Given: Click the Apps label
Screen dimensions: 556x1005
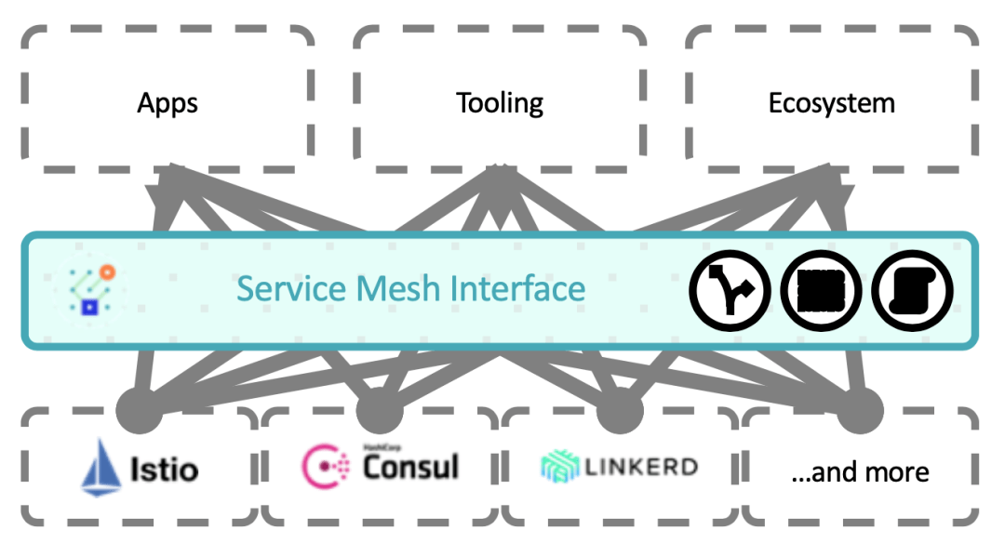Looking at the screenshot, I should [x=167, y=102].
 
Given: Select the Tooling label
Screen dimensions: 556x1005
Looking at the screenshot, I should [x=500, y=102].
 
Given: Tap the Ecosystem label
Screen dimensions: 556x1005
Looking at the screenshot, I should [x=831, y=102].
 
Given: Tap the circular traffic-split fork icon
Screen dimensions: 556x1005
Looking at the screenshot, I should [x=730, y=291].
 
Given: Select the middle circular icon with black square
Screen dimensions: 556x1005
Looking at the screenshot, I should [x=822, y=291].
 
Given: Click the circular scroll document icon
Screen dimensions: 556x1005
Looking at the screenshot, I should [x=913, y=291].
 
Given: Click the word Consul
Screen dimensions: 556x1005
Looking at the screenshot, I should [x=410, y=466].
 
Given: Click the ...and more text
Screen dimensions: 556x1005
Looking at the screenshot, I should [x=860, y=471].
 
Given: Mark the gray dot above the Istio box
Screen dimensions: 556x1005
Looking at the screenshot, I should [x=141, y=410].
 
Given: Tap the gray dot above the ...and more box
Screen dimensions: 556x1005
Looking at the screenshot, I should [x=860, y=410].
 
